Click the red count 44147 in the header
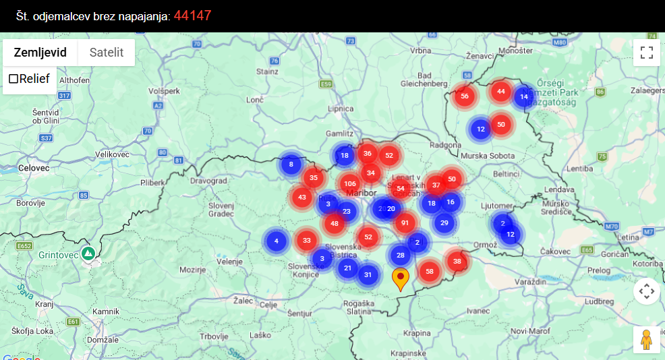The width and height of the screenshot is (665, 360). [193, 15]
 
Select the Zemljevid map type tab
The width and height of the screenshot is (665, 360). [40, 53]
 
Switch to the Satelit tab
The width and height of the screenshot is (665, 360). [107, 53]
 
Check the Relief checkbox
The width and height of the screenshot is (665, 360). [13, 79]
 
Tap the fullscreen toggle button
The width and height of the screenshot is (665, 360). [646, 53]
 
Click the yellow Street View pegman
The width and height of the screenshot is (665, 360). [646, 340]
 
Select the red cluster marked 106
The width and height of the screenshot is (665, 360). [349, 183]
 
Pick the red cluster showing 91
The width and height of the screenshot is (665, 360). [405, 222]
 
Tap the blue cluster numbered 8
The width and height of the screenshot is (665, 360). [291, 164]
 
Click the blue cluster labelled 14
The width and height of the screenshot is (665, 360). [524, 97]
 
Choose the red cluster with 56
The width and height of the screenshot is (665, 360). [464, 96]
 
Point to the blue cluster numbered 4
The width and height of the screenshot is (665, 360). [276, 241]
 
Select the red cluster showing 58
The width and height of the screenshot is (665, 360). [430, 271]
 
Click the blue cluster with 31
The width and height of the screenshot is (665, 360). [368, 274]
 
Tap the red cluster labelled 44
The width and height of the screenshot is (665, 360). [500, 91]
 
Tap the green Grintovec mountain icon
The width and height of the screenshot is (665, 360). [88, 253]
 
